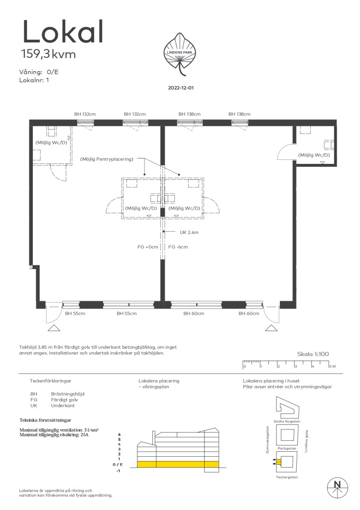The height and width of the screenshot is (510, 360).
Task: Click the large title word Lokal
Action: pyautogui.click(x=63, y=31)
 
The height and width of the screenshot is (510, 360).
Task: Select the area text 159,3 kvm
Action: pyautogui.click(x=48, y=54)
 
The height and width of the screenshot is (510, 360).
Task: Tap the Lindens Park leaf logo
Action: pyautogui.click(x=180, y=54)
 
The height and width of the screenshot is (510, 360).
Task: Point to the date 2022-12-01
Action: pyautogui.click(x=181, y=88)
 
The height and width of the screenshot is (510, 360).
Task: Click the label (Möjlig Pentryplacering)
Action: pyautogui.click(x=107, y=159)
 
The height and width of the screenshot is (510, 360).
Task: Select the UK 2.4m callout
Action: pyautogui.click(x=189, y=233)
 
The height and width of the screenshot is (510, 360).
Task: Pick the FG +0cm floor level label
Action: pyautogui.click(x=148, y=247)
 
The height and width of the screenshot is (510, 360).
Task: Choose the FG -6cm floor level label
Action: pyautogui.click(x=178, y=247)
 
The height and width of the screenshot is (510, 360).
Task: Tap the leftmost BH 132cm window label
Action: pyautogui.click(x=85, y=114)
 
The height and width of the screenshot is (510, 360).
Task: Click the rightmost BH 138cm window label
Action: pyautogui.click(x=240, y=114)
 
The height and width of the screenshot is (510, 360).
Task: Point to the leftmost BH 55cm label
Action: pyautogui.click(x=75, y=314)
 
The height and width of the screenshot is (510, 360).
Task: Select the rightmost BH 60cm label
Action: pyautogui.click(x=249, y=314)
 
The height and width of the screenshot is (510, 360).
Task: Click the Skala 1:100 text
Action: pyautogui.click(x=313, y=354)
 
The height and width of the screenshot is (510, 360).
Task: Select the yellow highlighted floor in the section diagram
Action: pyautogui.click(x=178, y=465)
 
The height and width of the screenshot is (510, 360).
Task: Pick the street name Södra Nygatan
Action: pyautogui.click(x=287, y=421)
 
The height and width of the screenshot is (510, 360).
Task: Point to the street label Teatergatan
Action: pyautogui.click(x=287, y=477)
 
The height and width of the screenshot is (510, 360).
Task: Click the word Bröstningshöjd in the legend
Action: pyautogui.click(x=68, y=394)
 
